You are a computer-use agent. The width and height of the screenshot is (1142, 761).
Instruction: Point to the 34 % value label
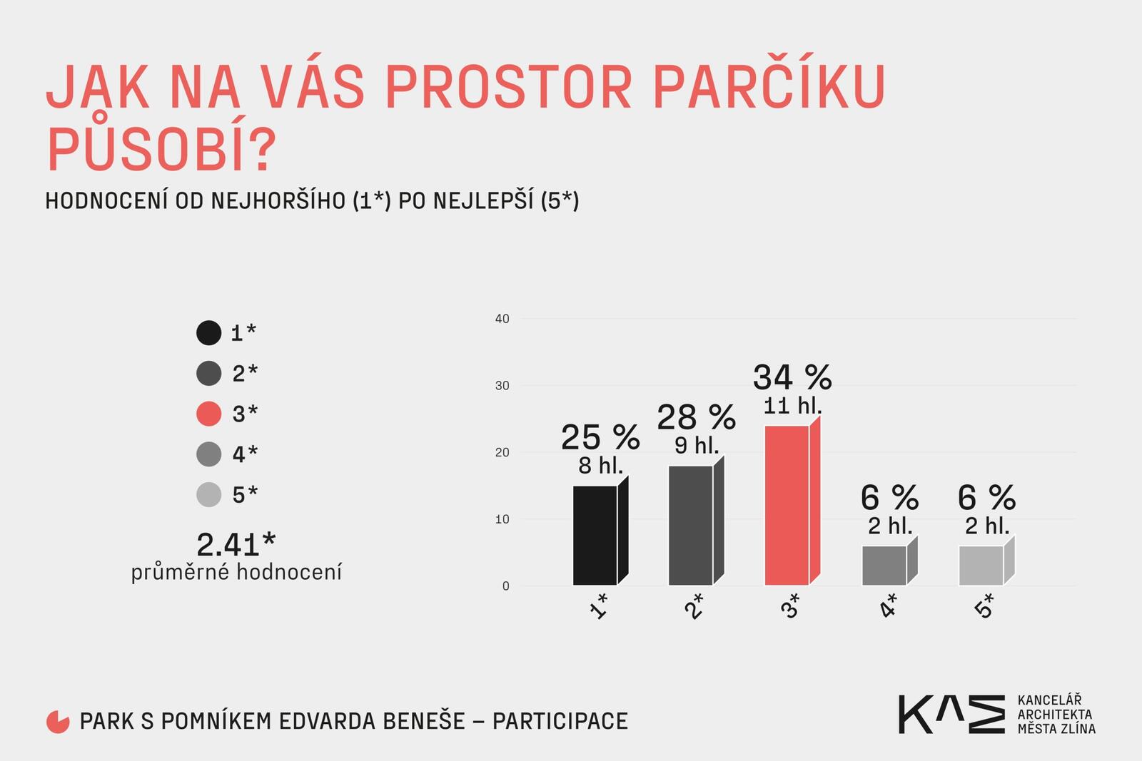(792, 377)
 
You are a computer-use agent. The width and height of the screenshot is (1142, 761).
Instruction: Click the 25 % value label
(600, 437)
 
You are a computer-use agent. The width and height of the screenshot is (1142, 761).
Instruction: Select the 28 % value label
(696, 417)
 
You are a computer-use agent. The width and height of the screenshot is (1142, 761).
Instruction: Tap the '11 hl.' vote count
(792, 406)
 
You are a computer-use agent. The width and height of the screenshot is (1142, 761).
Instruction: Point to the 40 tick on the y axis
(502, 319)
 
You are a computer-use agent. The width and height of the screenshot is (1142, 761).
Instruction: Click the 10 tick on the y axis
(502, 519)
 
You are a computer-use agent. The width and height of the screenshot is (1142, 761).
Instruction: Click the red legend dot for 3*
(208, 414)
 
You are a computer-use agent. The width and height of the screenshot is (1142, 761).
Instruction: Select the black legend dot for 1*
(208, 332)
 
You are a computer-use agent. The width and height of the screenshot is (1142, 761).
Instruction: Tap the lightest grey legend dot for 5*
(208, 494)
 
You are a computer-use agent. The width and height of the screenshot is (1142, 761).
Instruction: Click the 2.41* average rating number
(236, 544)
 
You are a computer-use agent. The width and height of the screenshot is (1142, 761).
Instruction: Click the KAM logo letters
(951, 714)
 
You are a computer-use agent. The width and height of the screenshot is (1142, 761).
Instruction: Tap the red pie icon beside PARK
(58, 722)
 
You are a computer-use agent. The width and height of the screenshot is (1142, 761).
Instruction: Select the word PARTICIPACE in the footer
(560, 721)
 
